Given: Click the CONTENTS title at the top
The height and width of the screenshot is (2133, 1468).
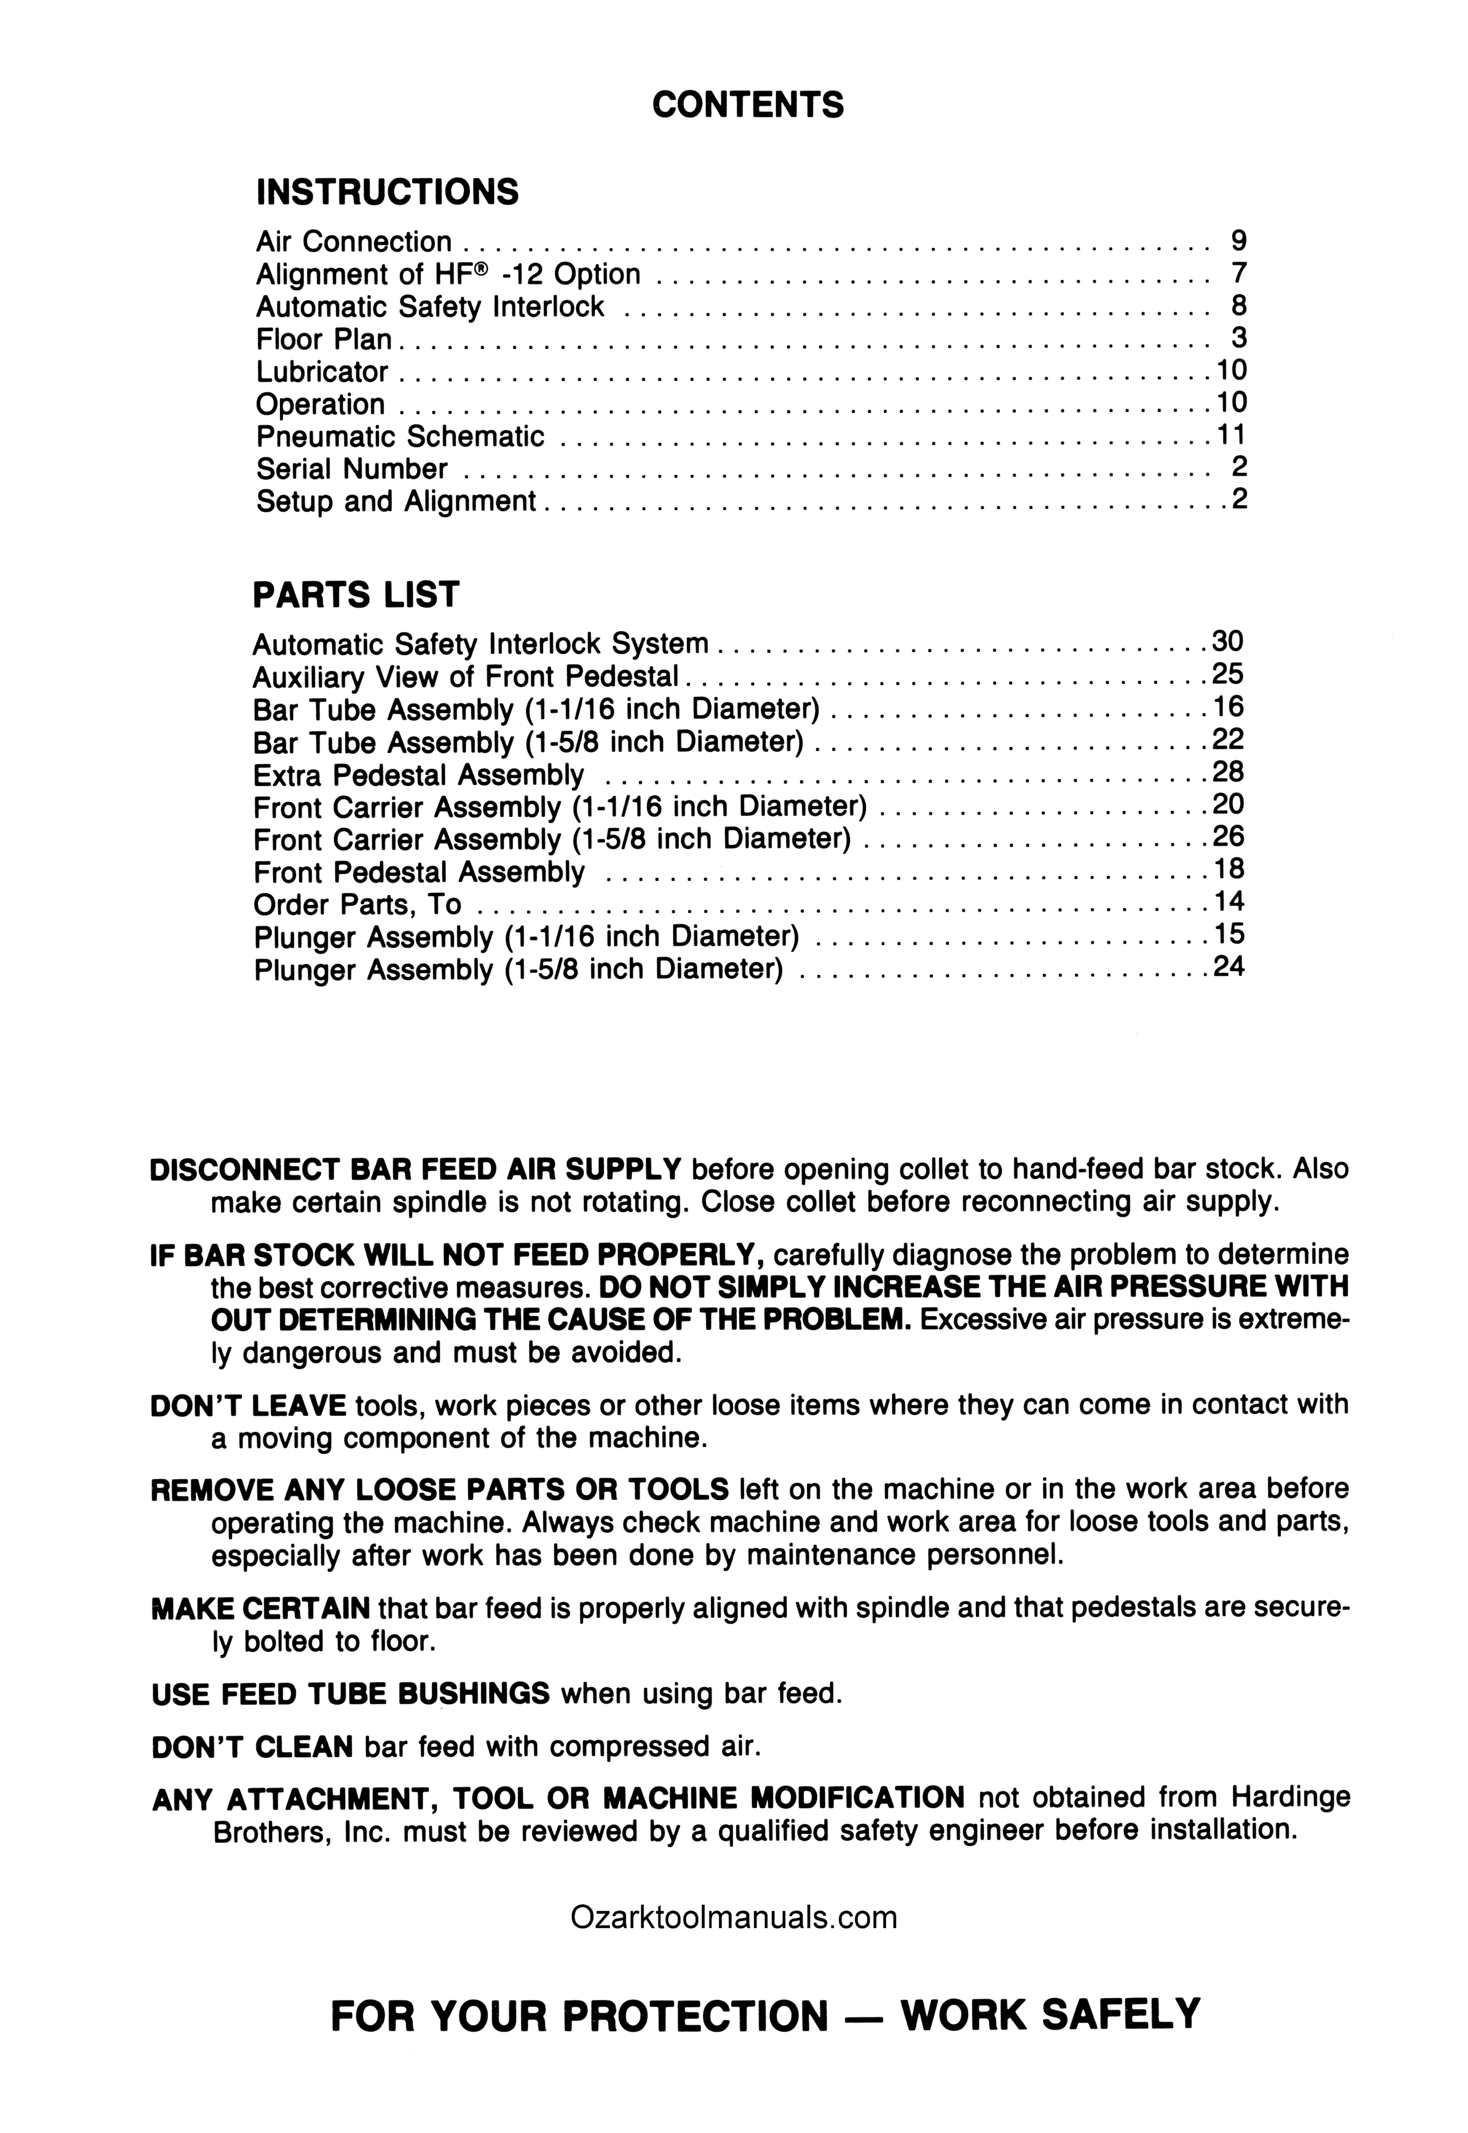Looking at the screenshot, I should pos(747,106).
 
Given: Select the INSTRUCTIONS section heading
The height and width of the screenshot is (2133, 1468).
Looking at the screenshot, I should pos(387,192).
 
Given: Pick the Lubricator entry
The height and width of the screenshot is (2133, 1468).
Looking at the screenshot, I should pos(321,372).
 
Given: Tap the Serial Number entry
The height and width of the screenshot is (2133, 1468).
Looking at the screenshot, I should pos(352,469).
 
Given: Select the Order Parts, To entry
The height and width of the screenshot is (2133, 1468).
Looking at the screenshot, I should pos(357,905).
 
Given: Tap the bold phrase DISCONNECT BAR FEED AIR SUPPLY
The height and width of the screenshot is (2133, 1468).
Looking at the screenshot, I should pos(415,1170).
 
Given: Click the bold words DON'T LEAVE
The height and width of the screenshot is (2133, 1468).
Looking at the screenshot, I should pos(248,1405).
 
